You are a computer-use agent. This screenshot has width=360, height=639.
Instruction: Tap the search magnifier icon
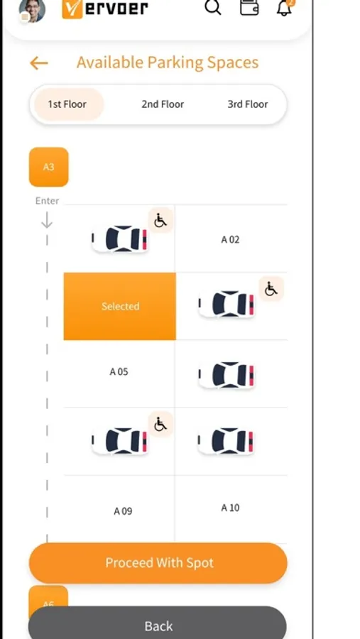[213, 6]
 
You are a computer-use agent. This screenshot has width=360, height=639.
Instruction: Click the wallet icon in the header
[249, 7]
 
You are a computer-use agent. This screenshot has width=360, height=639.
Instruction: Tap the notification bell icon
[284, 7]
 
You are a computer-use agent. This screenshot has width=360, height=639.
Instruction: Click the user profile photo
[32, 10]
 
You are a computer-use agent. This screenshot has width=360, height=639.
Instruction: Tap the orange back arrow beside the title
[39, 63]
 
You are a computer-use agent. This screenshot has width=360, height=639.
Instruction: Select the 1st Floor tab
[67, 104]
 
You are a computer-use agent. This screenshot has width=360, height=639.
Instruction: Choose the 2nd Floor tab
[163, 104]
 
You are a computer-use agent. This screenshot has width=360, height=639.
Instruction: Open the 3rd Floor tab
[248, 104]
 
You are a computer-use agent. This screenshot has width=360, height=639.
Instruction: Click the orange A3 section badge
[48, 167]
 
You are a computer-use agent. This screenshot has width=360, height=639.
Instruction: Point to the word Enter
[48, 201]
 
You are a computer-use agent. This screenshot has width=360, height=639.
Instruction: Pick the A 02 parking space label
[230, 240]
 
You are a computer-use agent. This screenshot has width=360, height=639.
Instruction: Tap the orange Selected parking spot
[120, 306]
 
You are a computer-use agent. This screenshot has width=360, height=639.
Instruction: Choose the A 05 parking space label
[119, 371]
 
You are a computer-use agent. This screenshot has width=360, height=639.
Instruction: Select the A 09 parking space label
[123, 511]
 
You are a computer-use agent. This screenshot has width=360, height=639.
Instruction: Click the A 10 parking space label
[230, 508]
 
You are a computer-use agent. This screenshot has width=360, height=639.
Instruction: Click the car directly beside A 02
[120, 239]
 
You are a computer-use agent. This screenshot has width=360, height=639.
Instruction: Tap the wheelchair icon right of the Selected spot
[271, 289]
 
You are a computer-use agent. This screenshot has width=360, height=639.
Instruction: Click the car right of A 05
[227, 374]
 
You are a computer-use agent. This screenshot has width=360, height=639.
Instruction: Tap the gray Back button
[158, 625]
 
